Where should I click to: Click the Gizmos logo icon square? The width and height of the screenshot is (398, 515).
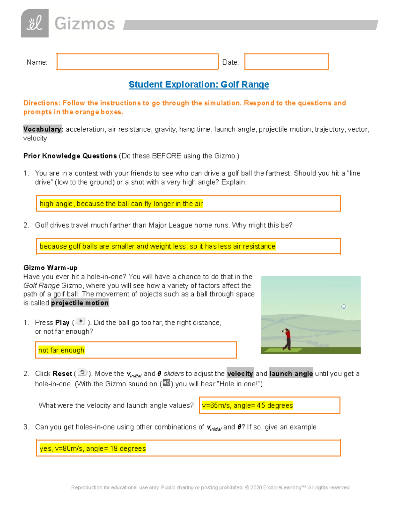point(35,23)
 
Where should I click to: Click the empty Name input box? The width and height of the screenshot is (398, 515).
point(137,62)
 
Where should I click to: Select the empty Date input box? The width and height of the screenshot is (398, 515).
point(286,62)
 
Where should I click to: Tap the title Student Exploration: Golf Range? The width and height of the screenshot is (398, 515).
point(199,85)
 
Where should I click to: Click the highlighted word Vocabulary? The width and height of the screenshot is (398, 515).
point(43,129)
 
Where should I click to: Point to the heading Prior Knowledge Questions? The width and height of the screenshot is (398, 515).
point(70,156)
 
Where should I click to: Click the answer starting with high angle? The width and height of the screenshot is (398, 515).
point(121,204)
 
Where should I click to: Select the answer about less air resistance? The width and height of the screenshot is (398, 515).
point(157,246)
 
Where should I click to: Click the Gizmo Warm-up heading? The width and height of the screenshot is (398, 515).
point(50,268)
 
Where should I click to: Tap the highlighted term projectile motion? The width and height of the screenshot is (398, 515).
point(80,303)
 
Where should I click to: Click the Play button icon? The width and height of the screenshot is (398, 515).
point(81,321)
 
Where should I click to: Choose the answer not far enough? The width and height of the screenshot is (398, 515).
point(61,350)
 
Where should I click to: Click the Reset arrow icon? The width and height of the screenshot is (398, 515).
point(82,372)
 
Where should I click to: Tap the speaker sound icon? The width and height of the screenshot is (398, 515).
point(166,383)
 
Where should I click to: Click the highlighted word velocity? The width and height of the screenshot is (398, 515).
point(240,373)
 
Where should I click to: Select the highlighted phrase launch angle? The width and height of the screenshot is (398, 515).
point(291,373)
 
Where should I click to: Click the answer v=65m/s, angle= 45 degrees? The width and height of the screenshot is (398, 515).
point(247,405)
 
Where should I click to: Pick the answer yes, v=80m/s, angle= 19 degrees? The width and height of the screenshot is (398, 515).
point(93,448)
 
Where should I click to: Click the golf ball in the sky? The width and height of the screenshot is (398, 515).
point(344,306)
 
